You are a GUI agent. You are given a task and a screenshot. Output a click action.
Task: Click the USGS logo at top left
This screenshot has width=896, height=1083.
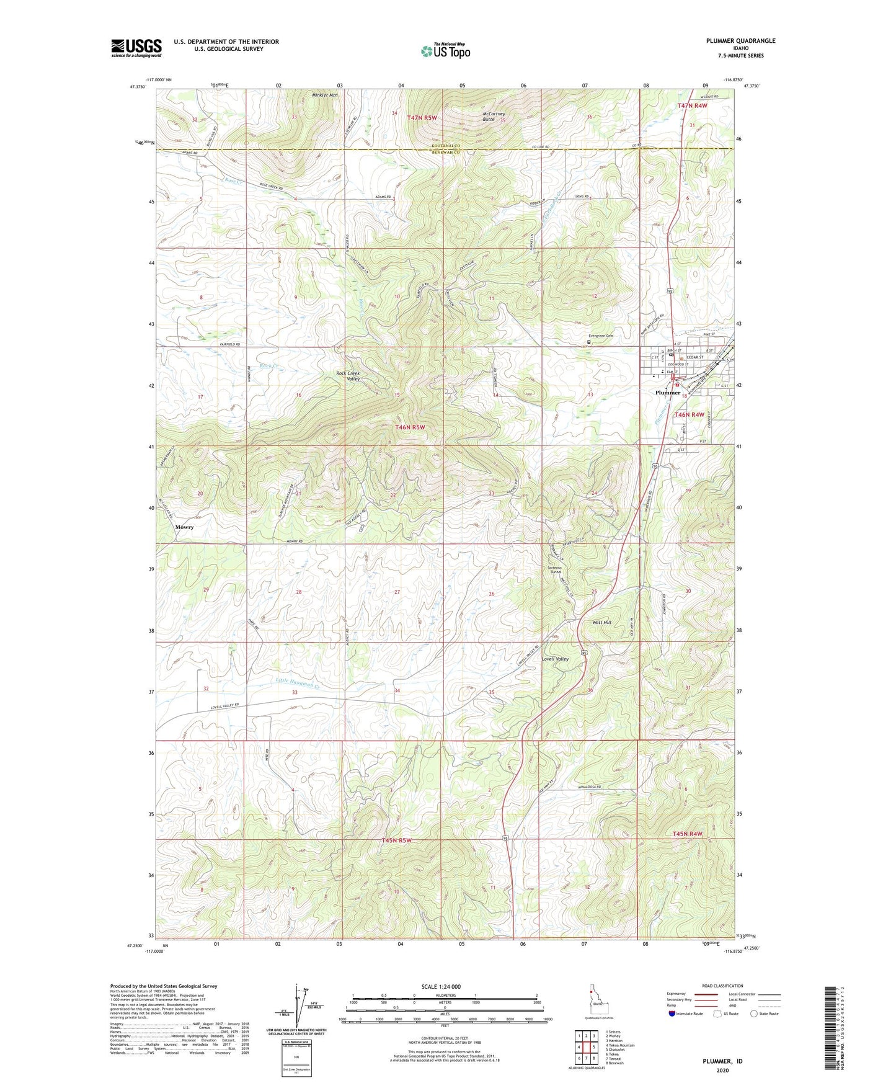click(x=136, y=48)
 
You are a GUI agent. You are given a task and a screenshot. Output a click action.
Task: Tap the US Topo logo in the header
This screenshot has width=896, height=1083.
click(x=445, y=51)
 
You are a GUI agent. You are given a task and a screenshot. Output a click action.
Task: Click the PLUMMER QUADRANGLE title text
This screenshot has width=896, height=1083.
click(x=740, y=41)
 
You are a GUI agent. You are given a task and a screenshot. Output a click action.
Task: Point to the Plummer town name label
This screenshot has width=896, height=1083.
click(x=668, y=393)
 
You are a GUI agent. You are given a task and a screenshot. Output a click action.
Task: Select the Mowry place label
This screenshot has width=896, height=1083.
click(x=184, y=527)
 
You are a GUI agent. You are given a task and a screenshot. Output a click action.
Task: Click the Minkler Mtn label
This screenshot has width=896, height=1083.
click(x=325, y=95)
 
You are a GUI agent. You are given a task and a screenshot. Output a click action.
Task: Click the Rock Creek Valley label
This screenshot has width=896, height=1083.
click(x=348, y=376)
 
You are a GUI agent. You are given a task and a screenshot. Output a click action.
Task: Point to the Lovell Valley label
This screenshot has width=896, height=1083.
click(x=555, y=659)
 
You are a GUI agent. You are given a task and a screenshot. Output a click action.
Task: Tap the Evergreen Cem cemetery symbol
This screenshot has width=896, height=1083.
click(x=588, y=341)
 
